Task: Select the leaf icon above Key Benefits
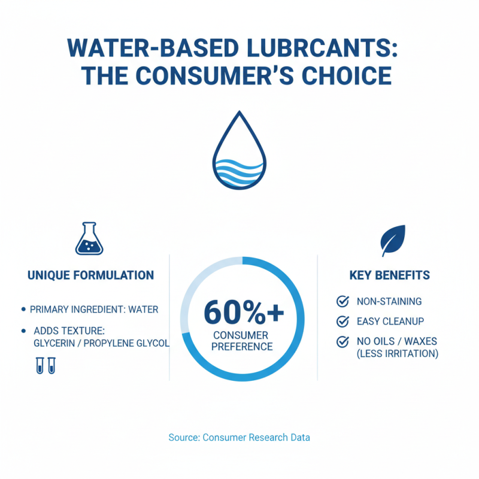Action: coord(393,239)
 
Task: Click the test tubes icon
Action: coord(45,365)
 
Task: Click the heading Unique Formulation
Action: coord(91,275)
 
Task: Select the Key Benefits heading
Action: coord(390,275)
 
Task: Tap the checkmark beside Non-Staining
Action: coord(343,301)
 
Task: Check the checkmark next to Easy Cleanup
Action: coord(343,322)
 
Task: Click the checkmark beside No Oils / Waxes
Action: coord(343,342)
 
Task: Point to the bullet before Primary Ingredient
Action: coord(23,310)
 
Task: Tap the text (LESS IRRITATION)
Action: coord(398,353)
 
